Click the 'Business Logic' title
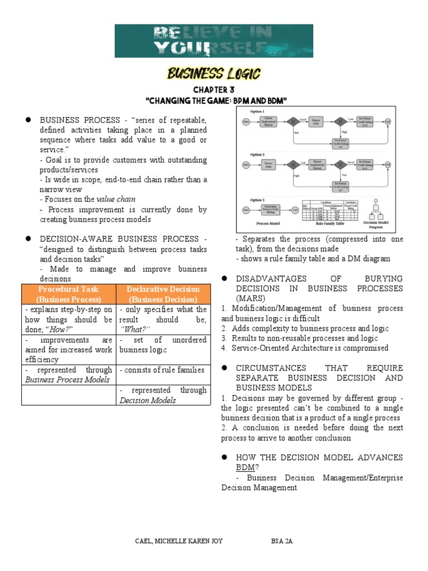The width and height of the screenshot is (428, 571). [214, 74]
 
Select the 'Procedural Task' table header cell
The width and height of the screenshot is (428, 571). [69, 294]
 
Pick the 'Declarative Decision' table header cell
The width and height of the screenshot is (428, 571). [163, 294]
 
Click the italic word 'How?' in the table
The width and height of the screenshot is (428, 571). [57, 330]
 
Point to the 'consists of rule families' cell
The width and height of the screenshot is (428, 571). [162, 370]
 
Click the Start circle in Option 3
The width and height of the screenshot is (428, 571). [246, 210]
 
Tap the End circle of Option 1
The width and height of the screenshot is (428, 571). [388, 120]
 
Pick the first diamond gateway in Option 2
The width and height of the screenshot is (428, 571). [289, 164]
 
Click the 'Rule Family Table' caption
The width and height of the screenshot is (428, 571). [327, 222]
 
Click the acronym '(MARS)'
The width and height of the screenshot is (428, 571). [237, 298]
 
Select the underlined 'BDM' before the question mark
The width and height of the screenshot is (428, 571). [245, 467]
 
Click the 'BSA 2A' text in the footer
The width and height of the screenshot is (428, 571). [279, 541]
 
